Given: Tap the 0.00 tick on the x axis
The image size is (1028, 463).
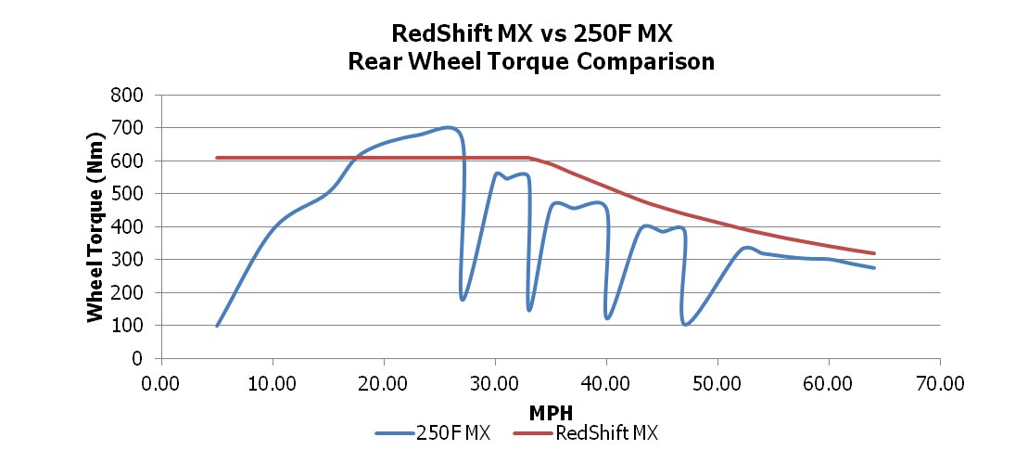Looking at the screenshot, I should (x=161, y=383).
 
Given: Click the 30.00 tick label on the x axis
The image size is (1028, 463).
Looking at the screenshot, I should (x=494, y=383).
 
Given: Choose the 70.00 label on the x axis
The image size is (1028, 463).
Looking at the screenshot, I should (x=939, y=383).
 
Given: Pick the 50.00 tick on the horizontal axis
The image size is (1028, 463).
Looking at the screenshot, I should (x=717, y=383).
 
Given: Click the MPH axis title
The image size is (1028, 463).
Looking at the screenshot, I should (x=550, y=411).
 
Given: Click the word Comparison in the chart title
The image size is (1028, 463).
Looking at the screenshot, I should (x=648, y=62).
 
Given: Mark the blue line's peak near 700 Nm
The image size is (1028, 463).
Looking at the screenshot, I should (x=448, y=127).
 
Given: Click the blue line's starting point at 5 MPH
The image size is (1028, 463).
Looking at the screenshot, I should (x=217, y=326).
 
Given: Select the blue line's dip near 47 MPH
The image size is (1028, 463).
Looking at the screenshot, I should (x=685, y=324).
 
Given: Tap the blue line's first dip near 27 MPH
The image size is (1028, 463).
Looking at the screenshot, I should (x=462, y=299).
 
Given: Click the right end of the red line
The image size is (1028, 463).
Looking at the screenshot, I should (x=873, y=253).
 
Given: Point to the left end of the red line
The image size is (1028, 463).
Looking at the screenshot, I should (x=217, y=158).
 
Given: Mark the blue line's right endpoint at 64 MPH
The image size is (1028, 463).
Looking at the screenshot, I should (x=873, y=267).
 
